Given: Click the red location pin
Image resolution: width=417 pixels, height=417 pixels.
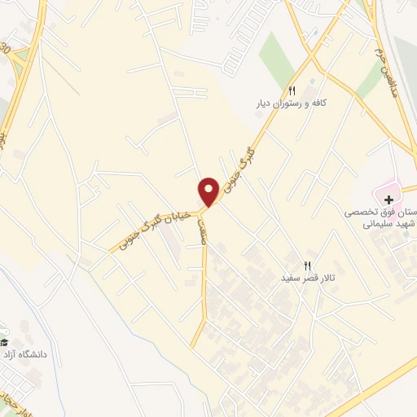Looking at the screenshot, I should [208, 191].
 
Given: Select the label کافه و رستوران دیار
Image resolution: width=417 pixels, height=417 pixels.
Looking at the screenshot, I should [292, 104].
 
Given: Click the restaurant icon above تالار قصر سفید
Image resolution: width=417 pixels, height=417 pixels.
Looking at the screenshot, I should [307, 265].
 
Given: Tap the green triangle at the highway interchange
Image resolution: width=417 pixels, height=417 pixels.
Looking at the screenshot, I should [5, 106].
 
